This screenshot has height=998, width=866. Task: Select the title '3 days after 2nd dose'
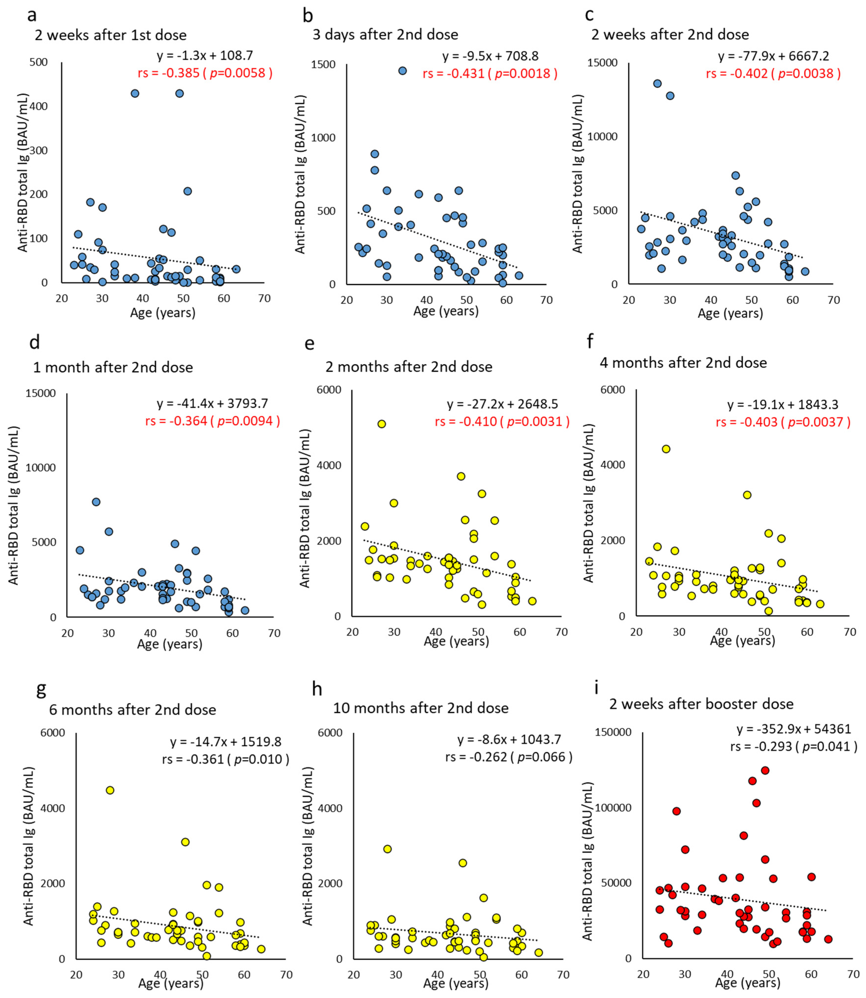(385, 35)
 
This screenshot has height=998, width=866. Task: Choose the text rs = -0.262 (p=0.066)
(508, 757)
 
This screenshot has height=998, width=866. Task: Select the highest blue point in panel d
(96, 502)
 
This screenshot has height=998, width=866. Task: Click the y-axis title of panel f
(588, 503)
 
